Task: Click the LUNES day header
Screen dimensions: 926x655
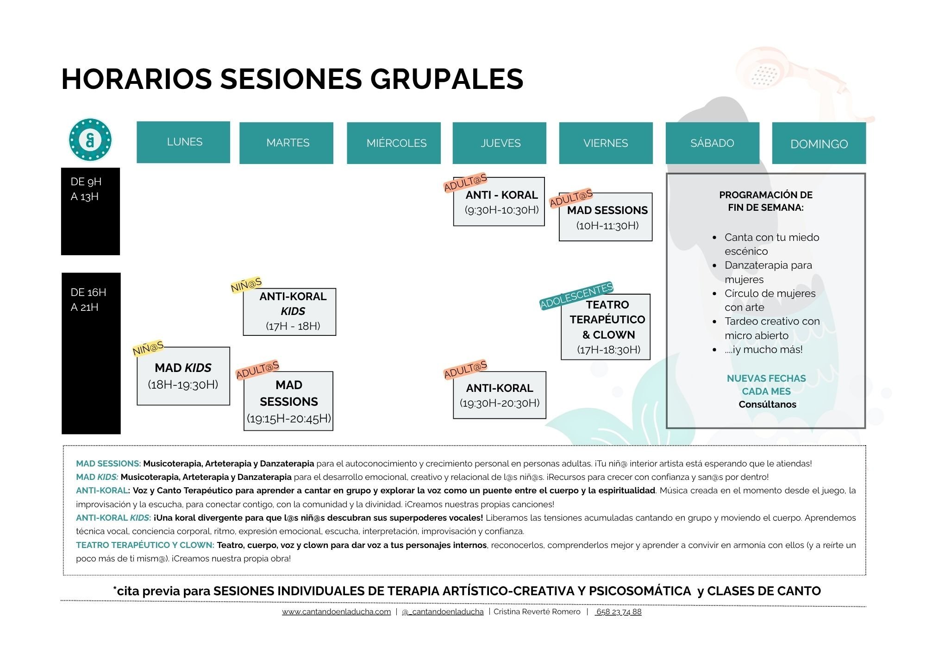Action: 183,142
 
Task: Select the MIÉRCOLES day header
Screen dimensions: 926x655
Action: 394,143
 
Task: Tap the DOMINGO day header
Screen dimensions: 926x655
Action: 819,143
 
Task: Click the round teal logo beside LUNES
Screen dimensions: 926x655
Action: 90,139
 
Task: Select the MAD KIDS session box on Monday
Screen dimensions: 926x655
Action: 183,376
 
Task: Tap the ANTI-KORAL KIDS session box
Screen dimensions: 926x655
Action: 290,312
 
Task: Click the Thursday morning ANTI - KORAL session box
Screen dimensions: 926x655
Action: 499,202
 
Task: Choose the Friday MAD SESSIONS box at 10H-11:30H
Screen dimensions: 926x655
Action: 606,217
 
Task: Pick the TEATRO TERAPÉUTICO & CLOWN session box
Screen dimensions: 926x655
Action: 606,327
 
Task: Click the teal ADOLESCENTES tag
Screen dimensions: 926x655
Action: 576,296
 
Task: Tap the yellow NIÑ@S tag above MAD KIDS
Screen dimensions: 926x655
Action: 148,348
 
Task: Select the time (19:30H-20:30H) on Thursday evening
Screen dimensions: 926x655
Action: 500,403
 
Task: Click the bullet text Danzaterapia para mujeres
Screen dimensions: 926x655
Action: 768,272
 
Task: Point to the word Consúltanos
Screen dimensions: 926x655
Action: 767,404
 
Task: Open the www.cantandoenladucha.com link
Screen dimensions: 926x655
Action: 337,612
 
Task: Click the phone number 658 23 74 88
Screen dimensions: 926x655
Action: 619,612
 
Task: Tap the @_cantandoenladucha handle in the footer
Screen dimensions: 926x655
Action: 443,612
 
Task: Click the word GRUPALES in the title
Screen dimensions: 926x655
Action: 447,79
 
